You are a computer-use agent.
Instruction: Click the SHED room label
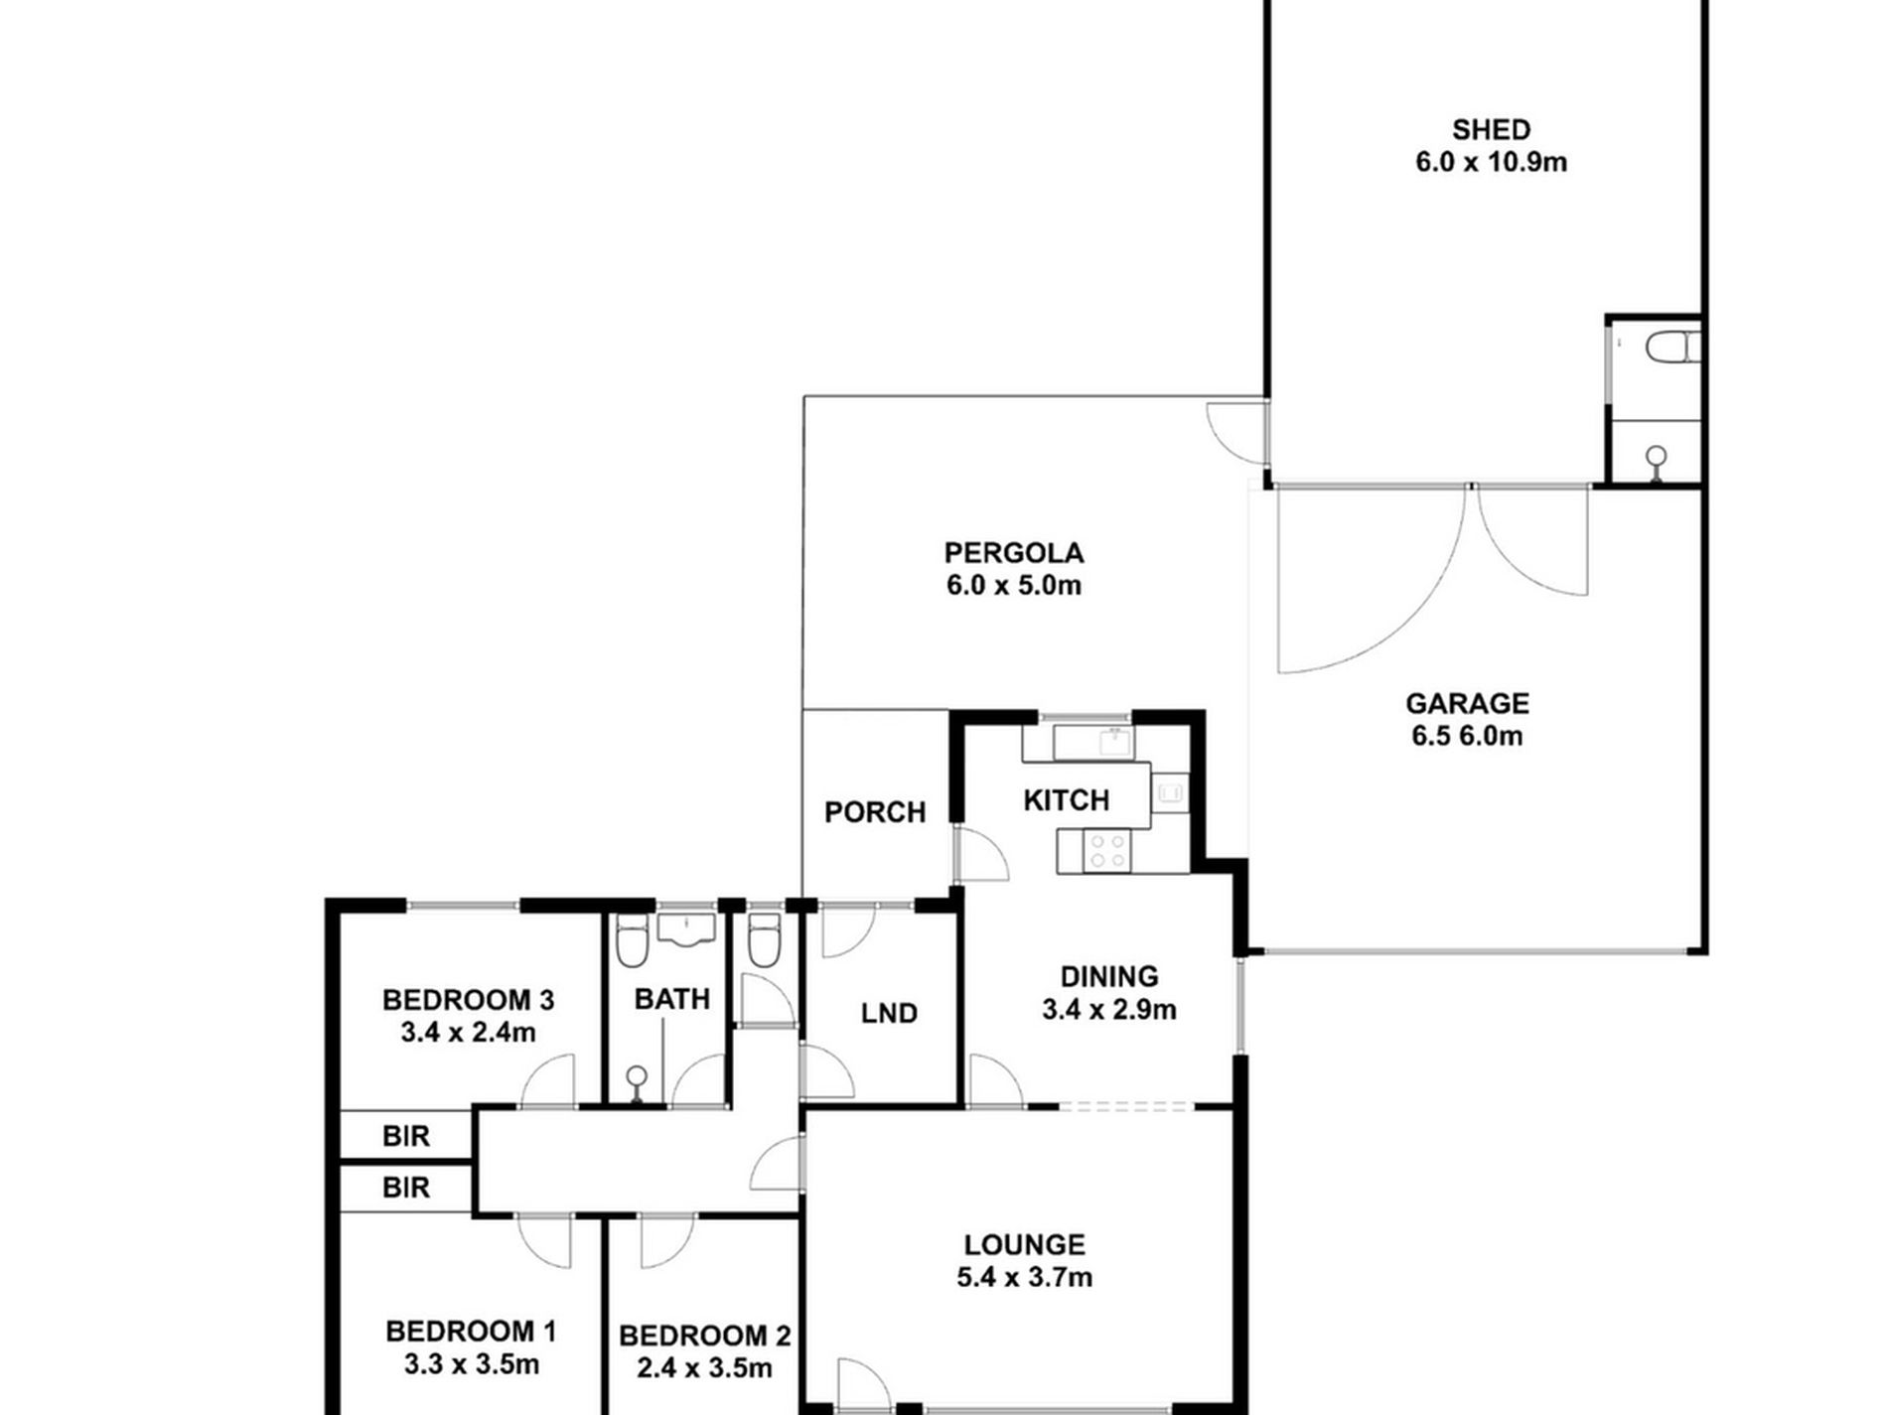(1491, 129)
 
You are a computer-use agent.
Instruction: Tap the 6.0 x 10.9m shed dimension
(1491, 162)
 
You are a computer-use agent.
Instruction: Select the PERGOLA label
(1013, 552)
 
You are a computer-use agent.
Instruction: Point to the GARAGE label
(1467, 703)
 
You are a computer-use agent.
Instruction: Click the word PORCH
(874, 812)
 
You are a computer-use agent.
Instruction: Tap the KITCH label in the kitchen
(1066, 799)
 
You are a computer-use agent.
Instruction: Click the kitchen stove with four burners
(1106, 852)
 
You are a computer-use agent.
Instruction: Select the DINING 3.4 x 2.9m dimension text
(1108, 1011)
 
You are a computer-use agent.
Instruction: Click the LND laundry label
(888, 1013)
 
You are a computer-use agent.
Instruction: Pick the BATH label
(671, 999)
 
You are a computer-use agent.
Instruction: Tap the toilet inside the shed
(1670, 349)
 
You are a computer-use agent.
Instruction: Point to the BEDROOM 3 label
(468, 999)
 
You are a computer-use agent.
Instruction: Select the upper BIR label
(405, 1136)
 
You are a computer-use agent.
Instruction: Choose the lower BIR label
(405, 1187)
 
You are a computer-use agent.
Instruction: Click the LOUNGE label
(1024, 1244)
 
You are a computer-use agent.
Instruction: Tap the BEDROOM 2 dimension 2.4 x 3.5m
(704, 1368)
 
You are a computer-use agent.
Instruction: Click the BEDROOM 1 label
(471, 1331)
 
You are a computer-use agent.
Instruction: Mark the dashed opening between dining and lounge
(1125, 1105)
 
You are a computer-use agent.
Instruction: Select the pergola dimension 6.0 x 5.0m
(1013, 586)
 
